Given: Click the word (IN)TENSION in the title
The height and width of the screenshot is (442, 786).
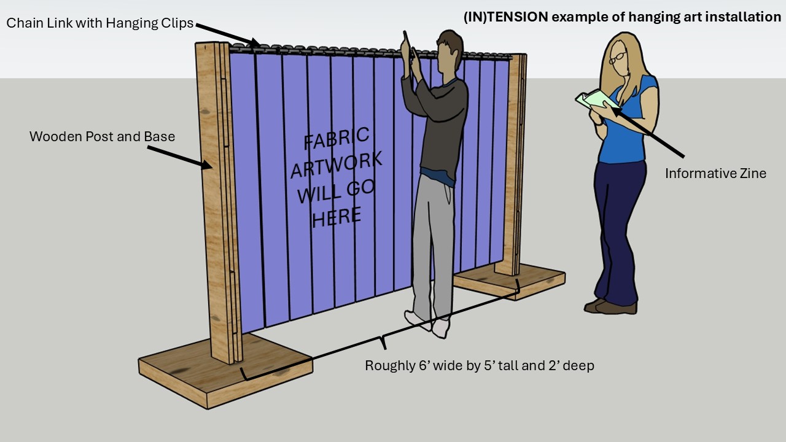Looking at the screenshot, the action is [x=505, y=17].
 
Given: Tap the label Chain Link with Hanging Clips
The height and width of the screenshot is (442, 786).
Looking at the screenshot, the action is [x=100, y=23].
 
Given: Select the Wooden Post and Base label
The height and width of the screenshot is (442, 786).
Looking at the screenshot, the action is [x=102, y=136].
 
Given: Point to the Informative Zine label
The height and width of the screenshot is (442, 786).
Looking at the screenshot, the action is [x=715, y=173].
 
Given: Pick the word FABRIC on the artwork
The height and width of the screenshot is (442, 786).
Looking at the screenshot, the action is [x=337, y=138].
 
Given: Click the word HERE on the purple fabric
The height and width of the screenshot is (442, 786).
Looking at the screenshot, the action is [x=337, y=217].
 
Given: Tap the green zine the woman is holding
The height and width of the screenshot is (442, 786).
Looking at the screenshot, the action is [x=597, y=99].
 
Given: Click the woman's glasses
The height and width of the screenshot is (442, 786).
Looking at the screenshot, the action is [x=618, y=58].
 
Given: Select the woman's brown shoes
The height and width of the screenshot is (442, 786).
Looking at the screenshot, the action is [x=610, y=306].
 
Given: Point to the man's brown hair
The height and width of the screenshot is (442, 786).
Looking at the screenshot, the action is [x=451, y=42].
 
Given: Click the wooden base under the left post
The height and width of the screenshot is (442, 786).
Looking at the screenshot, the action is [x=225, y=370].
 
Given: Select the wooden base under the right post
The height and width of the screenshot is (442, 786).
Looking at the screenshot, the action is [x=510, y=281].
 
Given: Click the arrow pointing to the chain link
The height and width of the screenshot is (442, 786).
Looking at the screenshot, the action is [x=228, y=35].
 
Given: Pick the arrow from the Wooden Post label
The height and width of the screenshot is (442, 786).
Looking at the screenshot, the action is [x=180, y=157].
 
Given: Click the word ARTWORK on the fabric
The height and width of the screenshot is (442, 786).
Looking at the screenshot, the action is [x=337, y=165].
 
